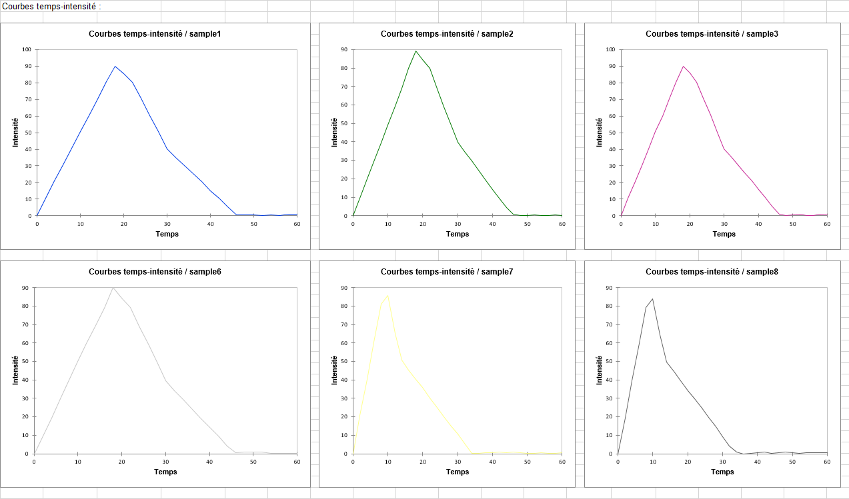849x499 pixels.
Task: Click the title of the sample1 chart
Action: (155, 34)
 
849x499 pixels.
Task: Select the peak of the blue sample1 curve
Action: (115, 66)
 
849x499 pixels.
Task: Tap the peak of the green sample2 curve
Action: (415, 51)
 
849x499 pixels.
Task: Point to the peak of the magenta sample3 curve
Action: (683, 66)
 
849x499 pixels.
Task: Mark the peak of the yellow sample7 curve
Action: (387, 294)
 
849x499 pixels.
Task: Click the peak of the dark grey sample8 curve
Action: (652, 298)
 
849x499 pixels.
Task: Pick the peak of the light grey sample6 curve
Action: (113, 288)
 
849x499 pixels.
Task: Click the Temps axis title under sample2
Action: (458, 234)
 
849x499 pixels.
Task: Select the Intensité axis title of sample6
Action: (15, 370)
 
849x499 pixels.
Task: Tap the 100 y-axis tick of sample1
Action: (26, 49)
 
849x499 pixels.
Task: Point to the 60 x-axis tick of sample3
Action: (827, 224)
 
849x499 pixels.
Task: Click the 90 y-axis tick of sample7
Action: (344, 288)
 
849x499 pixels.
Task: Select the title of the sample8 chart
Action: (712, 272)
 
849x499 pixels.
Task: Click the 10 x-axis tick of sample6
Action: (77, 462)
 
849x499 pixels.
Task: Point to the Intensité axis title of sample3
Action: (600, 132)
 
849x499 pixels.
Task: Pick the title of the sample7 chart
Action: (447, 272)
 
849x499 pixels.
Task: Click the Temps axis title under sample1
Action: (167, 234)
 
